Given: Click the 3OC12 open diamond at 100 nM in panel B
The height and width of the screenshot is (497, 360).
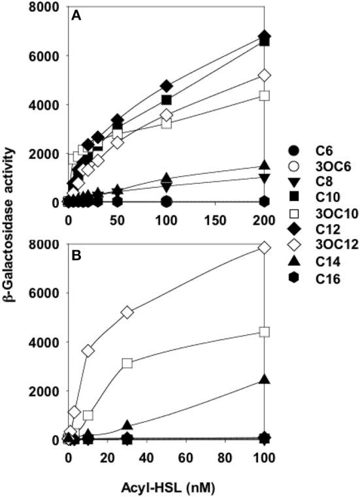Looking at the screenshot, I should [264, 248].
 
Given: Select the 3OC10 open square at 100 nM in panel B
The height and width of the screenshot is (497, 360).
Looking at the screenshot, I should [264, 332].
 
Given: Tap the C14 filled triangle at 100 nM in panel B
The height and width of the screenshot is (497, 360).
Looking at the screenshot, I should [264, 379].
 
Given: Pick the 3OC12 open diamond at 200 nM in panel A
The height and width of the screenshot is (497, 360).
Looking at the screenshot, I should [264, 76].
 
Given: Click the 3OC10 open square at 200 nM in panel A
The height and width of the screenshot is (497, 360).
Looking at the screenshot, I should [264, 95].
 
